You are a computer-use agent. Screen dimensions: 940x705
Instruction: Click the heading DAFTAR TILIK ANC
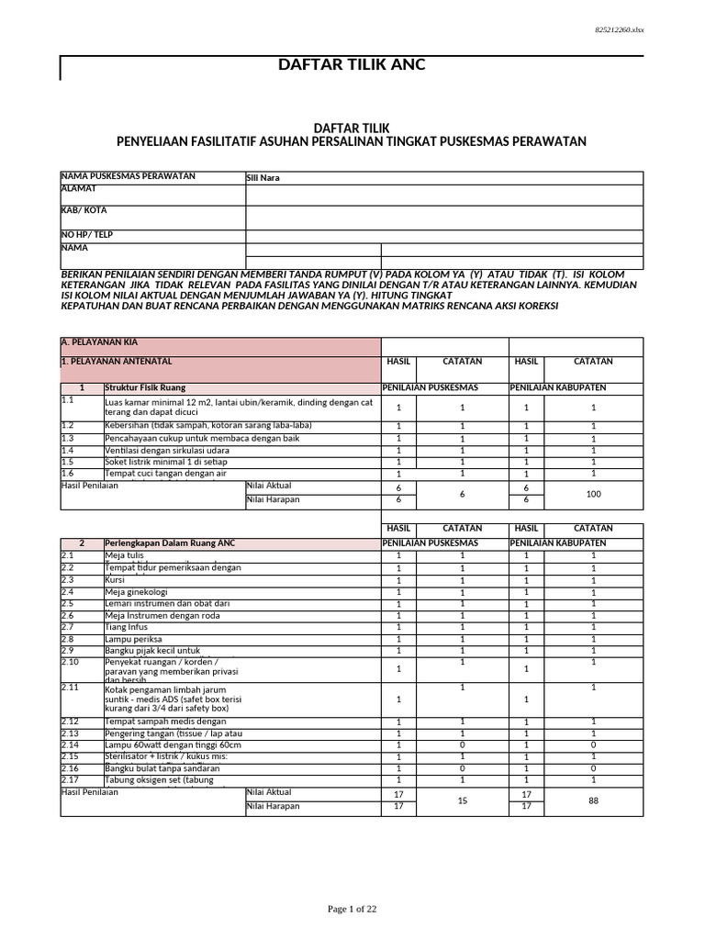352,65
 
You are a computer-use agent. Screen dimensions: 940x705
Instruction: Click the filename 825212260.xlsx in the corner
620,29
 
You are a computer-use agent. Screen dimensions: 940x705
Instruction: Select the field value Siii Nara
263,178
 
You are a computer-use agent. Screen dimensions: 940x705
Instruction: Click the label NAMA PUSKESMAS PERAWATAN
128,175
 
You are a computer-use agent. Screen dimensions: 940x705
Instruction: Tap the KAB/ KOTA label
84,210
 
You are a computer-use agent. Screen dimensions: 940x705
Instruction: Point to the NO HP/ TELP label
86,235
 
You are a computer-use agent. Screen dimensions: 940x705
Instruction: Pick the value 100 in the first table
592,494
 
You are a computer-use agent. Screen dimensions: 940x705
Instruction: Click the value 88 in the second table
592,800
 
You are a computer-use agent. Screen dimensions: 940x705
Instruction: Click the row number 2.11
71,687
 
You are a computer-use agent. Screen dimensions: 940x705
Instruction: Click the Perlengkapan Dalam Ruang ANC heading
170,543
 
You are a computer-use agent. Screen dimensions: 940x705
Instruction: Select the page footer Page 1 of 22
352,909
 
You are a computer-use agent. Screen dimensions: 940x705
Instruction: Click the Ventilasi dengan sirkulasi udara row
167,451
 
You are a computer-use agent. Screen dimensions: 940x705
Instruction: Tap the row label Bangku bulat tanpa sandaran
162,768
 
